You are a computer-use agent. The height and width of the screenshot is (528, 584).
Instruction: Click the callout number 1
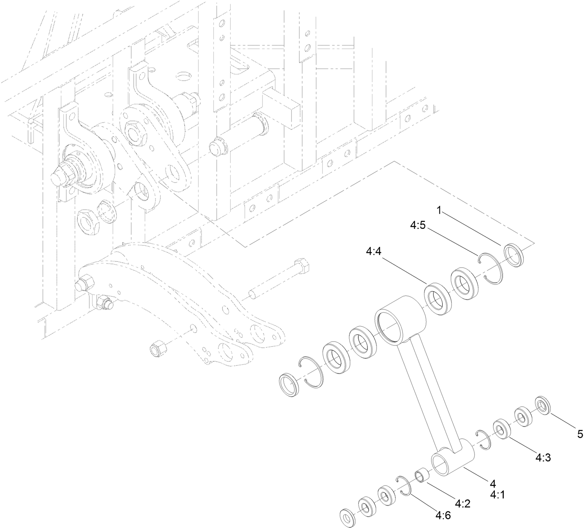[439, 211]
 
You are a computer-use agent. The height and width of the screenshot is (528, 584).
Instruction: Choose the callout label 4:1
[497, 495]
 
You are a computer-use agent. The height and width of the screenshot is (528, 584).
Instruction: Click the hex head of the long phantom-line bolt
[302, 267]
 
